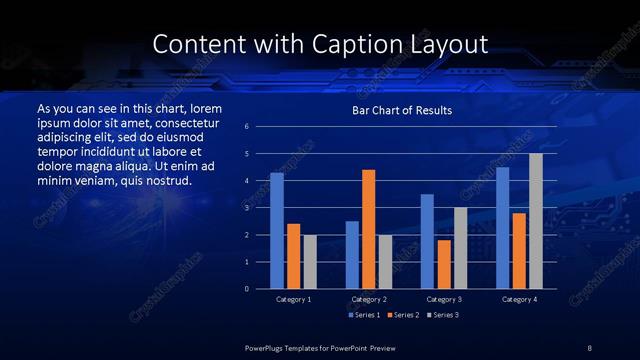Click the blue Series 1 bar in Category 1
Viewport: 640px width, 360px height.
pyautogui.click(x=277, y=231)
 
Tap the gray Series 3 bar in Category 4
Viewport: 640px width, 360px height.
pyautogui.click(x=536, y=221)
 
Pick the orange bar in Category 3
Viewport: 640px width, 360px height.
pyautogui.click(x=443, y=264)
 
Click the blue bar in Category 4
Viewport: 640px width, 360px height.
pyautogui.click(x=502, y=228)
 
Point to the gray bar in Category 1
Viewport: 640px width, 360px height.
pyautogui.click(x=309, y=262)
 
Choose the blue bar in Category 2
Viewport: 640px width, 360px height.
pyautogui.click(x=352, y=255)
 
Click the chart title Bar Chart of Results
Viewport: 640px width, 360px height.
pyautogui.click(x=402, y=110)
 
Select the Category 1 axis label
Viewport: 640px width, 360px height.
pyautogui.click(x=293, y=299)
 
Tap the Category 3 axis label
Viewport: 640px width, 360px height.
pyautogui.click(x=443, y=299)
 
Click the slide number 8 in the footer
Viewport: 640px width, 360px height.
pyautogui.click(x=589, y=347)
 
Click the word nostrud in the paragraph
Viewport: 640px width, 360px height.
pyautogui.click(x=166, y=180)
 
